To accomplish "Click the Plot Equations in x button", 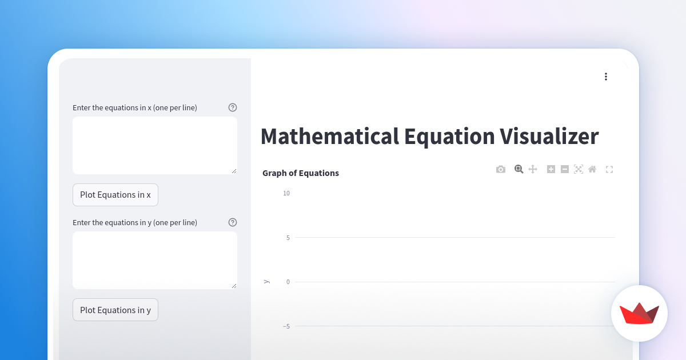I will (x=115, y=195).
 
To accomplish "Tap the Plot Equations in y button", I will (x=115, y=310).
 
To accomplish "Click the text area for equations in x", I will (x=154, y=145).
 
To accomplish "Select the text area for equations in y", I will (x=154, y=260).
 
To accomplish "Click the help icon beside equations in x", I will (x=233, y=107).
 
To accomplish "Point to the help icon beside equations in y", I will (x=233, y=222).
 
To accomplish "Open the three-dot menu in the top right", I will (x=606, y=77).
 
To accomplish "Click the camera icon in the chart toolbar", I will (x=501, y=169).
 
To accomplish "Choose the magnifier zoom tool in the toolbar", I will (x=519, y=169).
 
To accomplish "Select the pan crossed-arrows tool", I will (x=533, y=169).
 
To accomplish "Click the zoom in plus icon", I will (x=551, y=169).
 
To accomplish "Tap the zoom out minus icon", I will (x=565, y=169).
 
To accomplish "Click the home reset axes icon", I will (x=592, y=169).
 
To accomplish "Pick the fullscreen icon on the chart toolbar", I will (x=609, y=169).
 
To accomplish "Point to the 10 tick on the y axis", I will (x=286, y=193).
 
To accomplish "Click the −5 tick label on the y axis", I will (x=286, y=326).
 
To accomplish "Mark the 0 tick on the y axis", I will (x=288, y=282).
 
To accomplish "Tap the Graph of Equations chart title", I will (x=301, y=173).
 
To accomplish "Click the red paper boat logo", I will (x=639, y=313).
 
